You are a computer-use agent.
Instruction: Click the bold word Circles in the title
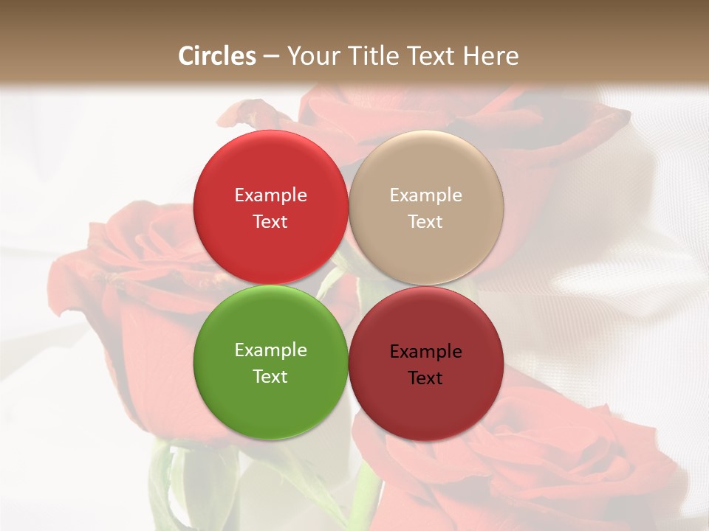pos(217,56)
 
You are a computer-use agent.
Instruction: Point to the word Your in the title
pos(313,56)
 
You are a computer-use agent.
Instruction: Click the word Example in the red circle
pos(270,195)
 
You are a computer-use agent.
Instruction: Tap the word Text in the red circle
pos(270,221)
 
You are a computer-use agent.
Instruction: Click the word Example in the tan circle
pos(425,195)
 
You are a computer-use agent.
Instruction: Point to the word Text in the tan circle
pos(425,221)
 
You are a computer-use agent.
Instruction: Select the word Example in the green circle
pos(270,350)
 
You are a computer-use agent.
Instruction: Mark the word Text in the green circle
pos(270,376)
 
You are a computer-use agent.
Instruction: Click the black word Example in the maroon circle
pos(425,351)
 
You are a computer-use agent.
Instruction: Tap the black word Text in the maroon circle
pos(425,378)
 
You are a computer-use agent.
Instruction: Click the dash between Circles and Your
pos(271,57)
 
